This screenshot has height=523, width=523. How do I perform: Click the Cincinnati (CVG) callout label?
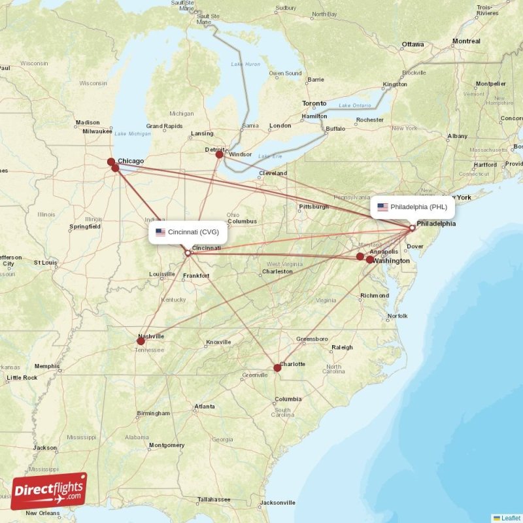pos(188,231)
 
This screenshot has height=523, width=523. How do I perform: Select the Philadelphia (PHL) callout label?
pos(413,207)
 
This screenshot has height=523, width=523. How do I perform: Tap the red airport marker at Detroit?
pos(220,154)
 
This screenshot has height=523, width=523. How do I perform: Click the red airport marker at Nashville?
pos(141,341)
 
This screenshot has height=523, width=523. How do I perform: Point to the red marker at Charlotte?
pos(277,367)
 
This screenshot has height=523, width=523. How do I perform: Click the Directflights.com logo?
pos(49,490)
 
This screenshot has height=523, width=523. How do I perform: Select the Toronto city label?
pos(314,104)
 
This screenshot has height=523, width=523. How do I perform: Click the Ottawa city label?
pos(413,44)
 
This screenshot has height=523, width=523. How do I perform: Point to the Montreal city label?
pos(466,41)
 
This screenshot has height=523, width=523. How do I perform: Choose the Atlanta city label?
pos(205,407)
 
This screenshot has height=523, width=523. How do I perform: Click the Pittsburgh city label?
pos(313,207)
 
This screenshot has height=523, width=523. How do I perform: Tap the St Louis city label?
pos(46,262)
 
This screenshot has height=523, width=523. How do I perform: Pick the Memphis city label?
pos(47,366)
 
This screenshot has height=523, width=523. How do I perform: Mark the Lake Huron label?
pos(246,64)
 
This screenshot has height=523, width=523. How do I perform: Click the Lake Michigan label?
pos(133,134)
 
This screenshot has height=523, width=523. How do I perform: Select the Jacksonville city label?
pos(278,503)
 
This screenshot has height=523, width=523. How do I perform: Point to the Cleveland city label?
pos(273,173)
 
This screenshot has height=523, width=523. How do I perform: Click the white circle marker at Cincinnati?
pos(188,253)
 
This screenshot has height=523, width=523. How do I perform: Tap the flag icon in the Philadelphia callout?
pos(382,207)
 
